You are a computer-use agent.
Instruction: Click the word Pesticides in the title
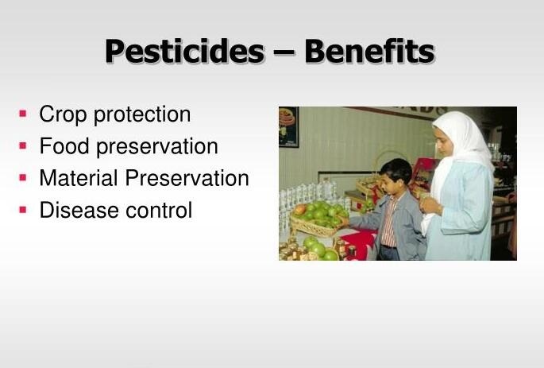click(185, 51)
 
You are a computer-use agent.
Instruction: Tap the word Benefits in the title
click(369, 51)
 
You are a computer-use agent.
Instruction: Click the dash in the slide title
click(284, 53)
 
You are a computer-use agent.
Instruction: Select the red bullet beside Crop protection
click(23, 114)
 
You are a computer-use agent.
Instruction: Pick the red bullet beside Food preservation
click(23, 145)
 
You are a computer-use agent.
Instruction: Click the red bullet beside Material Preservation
click(23, 178)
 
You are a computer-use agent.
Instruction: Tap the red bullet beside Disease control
click(23, 210)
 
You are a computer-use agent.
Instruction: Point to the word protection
click(142, 114)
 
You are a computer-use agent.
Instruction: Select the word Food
click(64, 145)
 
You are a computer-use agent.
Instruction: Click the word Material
click(79, 178)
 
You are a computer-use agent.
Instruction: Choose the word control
click(159, 210)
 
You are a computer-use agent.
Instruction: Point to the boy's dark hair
click(396, 169)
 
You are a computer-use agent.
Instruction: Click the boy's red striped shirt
click(388, 223)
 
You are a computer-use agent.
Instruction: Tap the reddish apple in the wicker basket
click(300, 209)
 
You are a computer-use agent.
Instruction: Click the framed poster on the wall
click(288, 126)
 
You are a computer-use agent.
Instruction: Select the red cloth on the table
click(359, 243)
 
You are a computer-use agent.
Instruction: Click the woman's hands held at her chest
click(430, 205)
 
